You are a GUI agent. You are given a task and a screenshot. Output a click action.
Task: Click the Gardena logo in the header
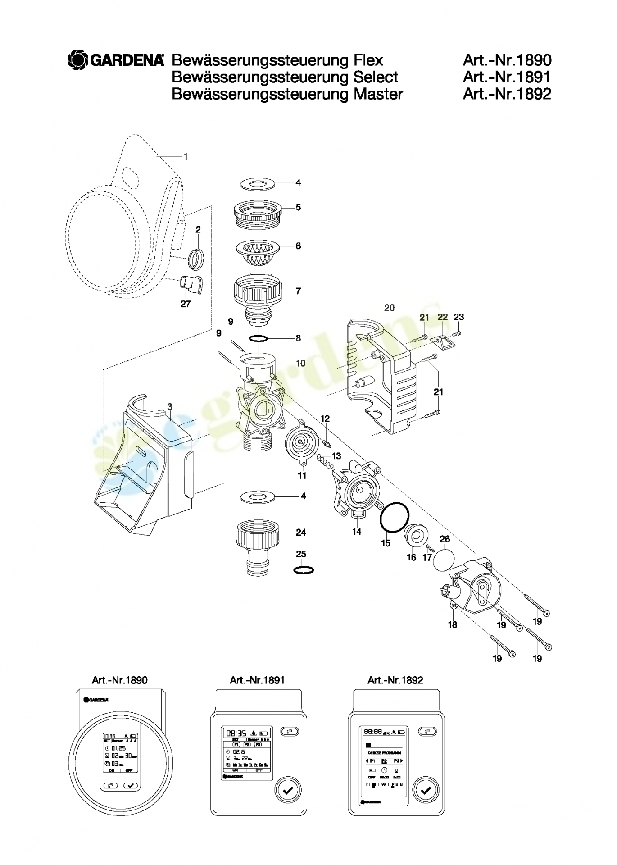pos(116,60)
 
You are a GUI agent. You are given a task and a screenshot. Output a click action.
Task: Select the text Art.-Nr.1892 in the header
pos(507,94)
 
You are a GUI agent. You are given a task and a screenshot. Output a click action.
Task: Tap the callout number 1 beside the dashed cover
pos(185,157)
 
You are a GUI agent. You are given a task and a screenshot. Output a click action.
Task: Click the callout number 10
pos(300,363)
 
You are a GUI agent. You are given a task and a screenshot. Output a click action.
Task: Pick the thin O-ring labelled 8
pos(258,338)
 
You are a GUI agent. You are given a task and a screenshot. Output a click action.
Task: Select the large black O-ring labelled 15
pos(395,517)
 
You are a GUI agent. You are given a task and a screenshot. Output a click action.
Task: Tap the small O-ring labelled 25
pos(304,570)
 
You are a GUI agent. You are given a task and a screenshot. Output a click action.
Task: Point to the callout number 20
pos(389,308)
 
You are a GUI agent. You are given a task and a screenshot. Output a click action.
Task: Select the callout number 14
pos(357,532)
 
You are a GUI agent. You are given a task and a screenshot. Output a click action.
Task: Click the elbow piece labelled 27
pos(191,284)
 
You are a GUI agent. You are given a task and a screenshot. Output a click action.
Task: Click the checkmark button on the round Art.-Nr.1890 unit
pos(132,785)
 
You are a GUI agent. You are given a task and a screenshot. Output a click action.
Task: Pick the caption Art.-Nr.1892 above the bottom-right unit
pos(395,680)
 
